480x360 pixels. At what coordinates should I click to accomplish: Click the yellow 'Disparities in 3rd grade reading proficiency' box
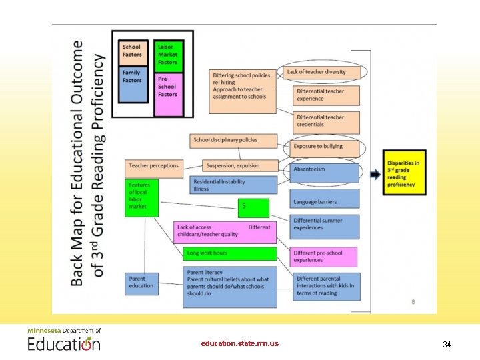point(404,172)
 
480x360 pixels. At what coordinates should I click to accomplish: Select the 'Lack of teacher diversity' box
point(325,72)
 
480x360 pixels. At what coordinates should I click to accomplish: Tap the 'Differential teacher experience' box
point(326,95)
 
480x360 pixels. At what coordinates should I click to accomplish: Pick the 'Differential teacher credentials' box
point(326,121)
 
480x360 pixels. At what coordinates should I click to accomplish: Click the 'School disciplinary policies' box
point(225,140)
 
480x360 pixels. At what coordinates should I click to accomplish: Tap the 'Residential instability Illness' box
point(225,185)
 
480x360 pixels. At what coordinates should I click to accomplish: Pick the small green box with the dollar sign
point(253,208)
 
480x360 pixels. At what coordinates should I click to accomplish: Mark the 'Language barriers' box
point(325,199)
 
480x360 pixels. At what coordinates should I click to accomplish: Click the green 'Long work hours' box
point(229,253)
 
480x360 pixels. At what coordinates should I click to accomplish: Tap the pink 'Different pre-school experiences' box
point(325,257)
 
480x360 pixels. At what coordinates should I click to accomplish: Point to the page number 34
point(447,345)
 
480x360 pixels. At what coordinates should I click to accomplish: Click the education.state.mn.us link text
point(240,343)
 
